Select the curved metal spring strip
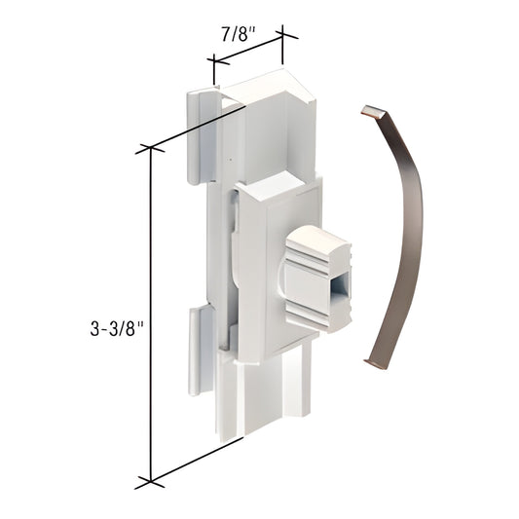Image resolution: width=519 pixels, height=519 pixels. (403, 234)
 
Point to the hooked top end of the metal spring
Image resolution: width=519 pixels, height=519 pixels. (368, 112)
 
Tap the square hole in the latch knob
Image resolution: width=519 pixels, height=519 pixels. (337, 289)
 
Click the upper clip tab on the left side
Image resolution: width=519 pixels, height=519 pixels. (200, 136)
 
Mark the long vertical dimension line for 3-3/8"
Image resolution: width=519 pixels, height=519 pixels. (150, 312)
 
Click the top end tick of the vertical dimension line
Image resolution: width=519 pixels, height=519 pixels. (150, 148)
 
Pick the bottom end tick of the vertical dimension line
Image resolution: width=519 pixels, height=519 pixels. (150, 480)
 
